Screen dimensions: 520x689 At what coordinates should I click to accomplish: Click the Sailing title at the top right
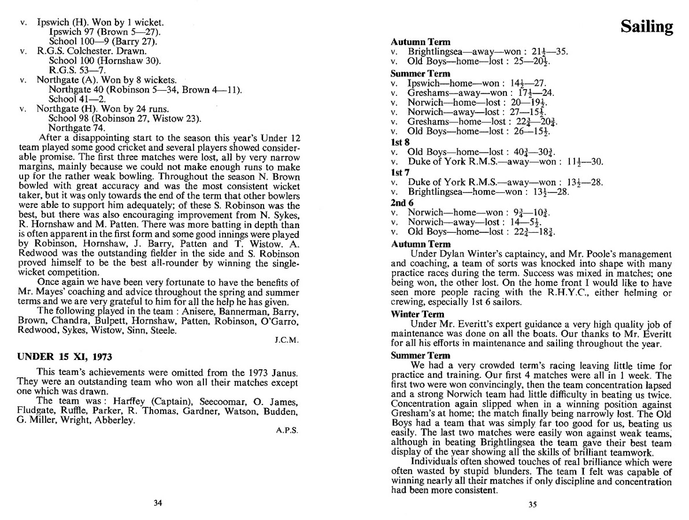[646, 27]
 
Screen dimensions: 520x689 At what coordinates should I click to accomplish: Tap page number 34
[157, 502]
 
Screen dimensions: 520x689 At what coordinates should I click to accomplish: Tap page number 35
[532, 504]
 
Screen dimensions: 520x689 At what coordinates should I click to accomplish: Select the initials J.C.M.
[286, 340]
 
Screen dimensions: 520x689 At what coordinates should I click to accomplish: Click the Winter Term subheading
[417, 314]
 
